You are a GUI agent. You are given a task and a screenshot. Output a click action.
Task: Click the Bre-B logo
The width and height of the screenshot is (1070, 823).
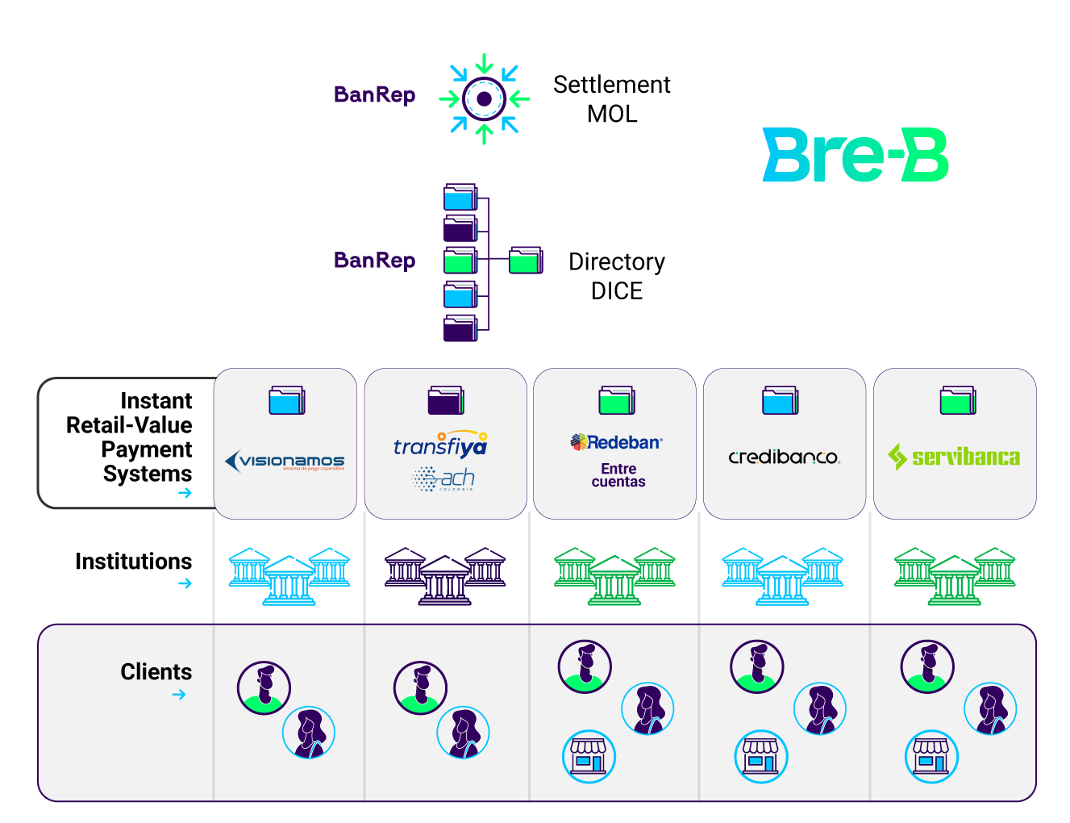[856, 155]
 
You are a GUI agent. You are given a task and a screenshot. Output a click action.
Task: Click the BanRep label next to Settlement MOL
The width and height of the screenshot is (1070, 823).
[374, 95]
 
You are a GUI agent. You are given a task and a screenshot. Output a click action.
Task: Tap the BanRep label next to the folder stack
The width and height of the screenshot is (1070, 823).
[374, 261]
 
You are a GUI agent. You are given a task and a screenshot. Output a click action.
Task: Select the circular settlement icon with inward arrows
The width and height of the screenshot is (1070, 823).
[484, 98]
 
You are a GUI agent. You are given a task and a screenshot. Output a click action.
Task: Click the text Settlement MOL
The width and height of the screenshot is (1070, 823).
[611, 99]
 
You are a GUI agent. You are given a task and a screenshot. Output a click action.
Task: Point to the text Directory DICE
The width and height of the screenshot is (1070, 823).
[617, 276]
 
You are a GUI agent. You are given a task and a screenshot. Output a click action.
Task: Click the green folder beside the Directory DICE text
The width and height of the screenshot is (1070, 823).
[526, 261]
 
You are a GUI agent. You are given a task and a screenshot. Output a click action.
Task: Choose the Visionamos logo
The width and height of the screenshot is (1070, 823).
[285, 461]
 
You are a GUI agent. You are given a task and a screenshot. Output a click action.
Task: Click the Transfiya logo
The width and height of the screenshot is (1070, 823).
[440, 445]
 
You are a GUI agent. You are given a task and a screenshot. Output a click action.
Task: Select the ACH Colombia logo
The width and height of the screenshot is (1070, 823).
[443, 479]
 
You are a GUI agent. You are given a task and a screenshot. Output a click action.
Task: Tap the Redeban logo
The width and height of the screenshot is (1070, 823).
[617, 442]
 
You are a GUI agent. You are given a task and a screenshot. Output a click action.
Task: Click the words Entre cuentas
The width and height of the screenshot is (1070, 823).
[618, 475]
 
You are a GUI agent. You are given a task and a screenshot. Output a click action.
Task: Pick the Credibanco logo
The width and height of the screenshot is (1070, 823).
[784, 457]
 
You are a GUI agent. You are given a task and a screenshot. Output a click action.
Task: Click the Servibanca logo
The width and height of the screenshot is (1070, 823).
[954, 457]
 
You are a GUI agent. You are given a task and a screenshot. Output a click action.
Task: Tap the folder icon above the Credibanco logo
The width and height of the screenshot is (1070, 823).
[780, 400]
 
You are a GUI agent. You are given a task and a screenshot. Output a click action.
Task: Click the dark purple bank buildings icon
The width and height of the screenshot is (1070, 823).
[445, 576]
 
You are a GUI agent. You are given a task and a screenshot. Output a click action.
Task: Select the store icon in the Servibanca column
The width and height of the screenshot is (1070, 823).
[931, 757]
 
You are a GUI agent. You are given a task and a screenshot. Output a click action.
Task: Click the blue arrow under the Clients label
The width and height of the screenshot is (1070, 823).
[179, 695]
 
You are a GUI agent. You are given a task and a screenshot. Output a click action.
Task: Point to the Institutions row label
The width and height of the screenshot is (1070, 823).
[133, 562]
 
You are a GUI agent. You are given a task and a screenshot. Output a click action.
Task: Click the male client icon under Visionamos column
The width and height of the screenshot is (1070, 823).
[264, 687]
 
